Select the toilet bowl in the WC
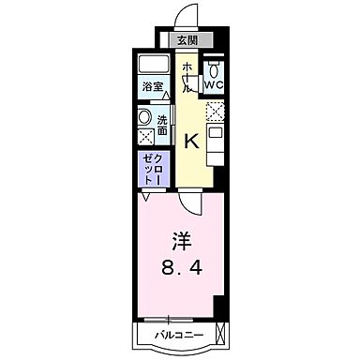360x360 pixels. click(215, 68)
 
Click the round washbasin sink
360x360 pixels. click(146, 118)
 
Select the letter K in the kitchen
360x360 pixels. click(190, 142)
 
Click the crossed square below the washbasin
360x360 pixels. click(146, 137)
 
